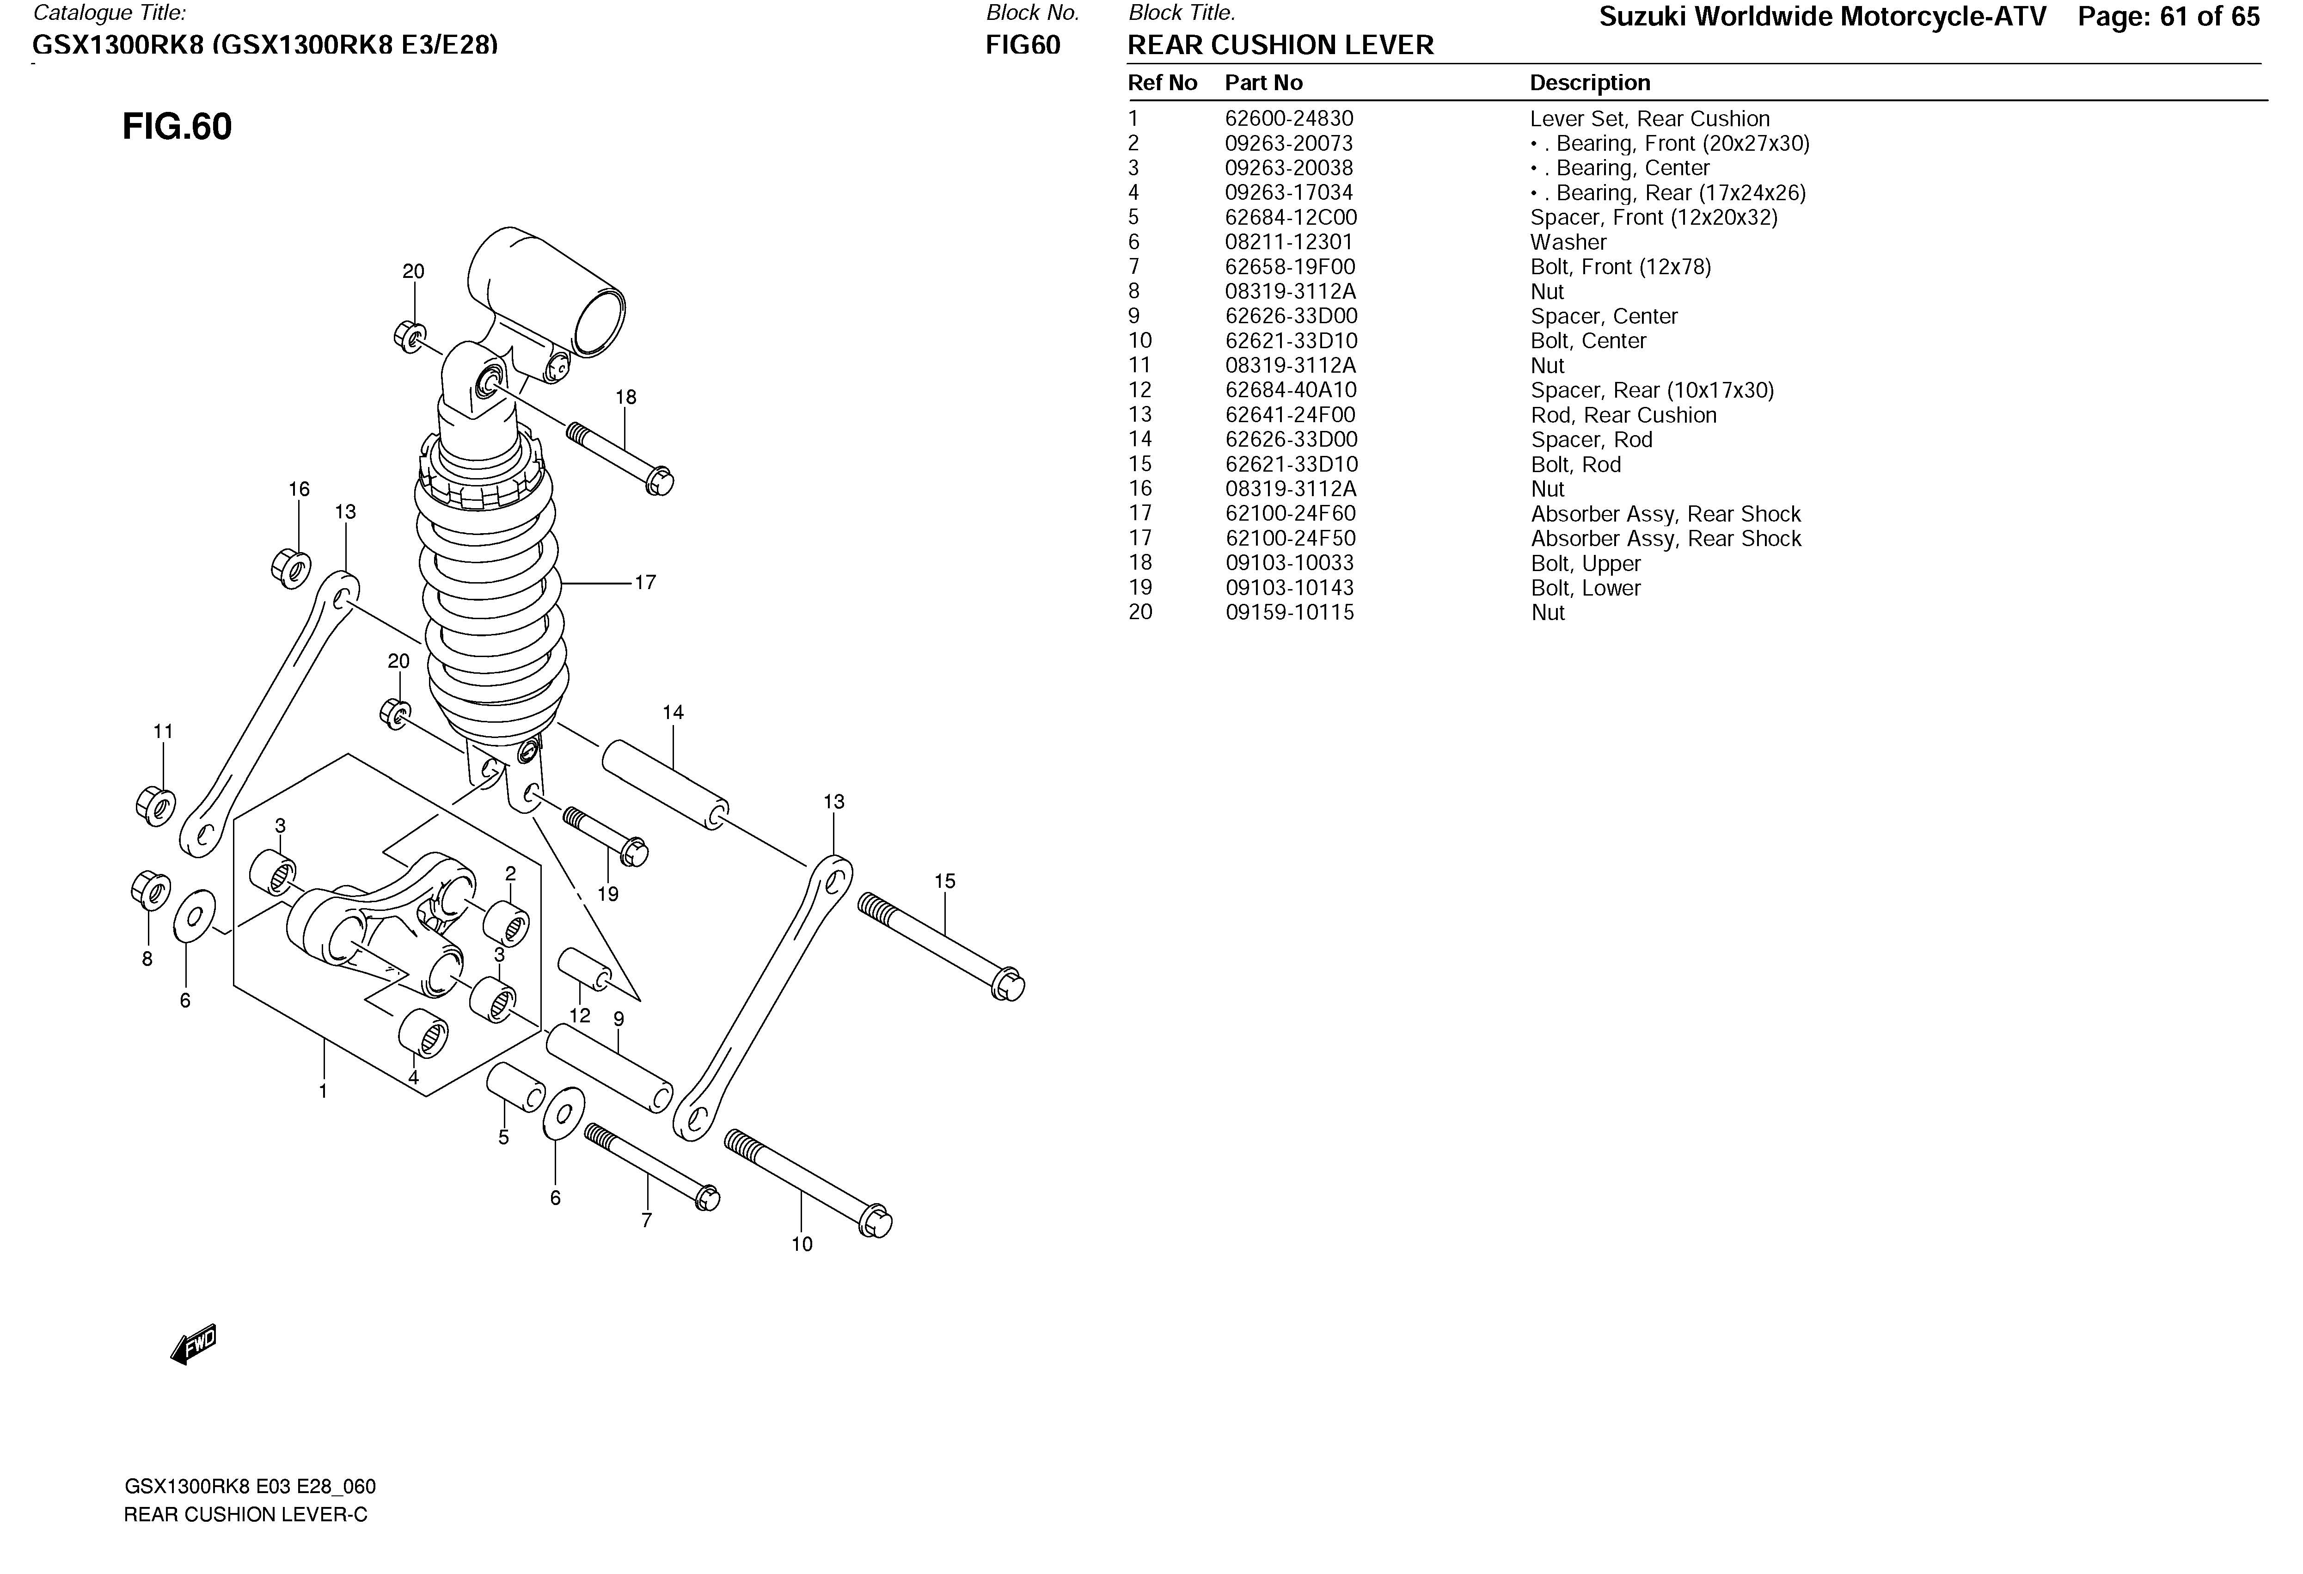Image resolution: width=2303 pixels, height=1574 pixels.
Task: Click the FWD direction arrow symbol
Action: tap(194, 1345)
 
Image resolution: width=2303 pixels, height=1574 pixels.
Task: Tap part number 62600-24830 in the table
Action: tap(1288, 119)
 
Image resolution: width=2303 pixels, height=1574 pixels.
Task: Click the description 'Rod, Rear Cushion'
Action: tap(1622, 415)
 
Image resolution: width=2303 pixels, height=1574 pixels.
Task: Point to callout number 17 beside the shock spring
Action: tap(645, 583)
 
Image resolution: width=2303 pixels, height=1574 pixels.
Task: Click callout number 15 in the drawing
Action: tap(944, 881)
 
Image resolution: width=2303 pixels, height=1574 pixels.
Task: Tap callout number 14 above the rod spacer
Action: tap(673, 713)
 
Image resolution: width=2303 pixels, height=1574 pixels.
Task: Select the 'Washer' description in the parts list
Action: tap(1568, 243)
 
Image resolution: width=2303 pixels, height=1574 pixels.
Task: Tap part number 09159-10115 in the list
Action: tap(1289, 613)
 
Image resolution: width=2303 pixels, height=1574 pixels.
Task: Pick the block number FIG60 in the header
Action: tap(1023, 46)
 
